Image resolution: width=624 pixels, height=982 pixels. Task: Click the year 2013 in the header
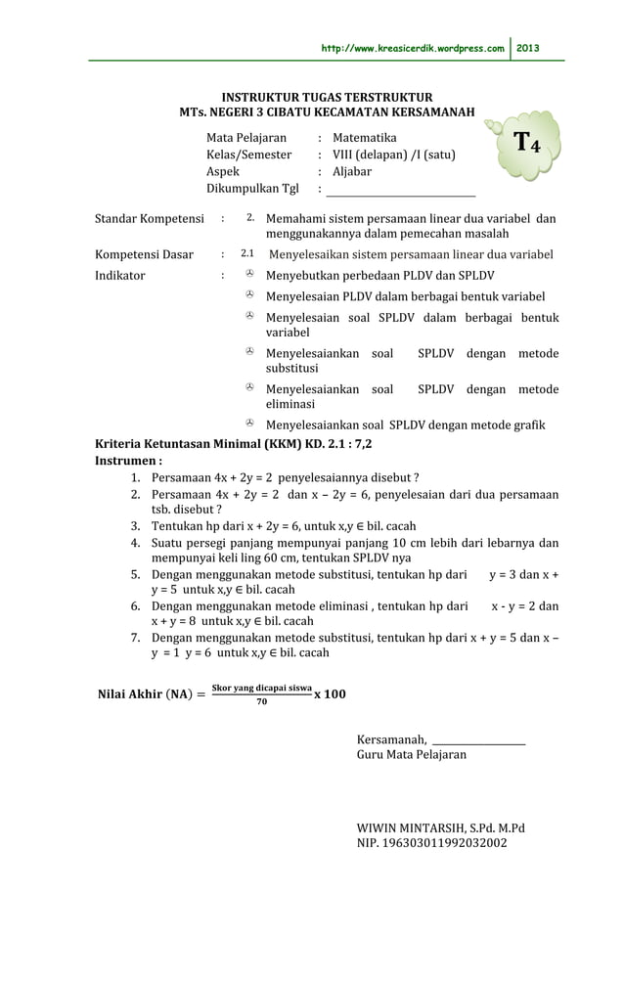tap(528, 48)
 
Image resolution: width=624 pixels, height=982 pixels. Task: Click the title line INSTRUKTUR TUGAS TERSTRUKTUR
tap(327, 99)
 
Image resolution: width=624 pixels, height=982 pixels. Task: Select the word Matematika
tap(365, 138)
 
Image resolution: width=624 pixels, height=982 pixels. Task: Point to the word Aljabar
tap(352, 171)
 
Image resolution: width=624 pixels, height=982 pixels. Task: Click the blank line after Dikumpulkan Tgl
tap(401, 190)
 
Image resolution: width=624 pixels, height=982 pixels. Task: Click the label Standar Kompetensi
tap(149, 218)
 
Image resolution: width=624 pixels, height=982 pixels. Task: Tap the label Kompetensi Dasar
tap(144, 255)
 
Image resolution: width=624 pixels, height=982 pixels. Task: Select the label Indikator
tap(119, 275)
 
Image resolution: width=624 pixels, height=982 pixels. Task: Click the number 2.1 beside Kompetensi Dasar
tap(248, 254)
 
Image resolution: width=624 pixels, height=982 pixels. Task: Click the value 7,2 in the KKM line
tap(361, 442)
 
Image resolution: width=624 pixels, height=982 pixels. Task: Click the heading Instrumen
tap(127, 460)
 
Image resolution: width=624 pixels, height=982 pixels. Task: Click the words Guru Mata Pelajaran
tap(412, 755)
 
